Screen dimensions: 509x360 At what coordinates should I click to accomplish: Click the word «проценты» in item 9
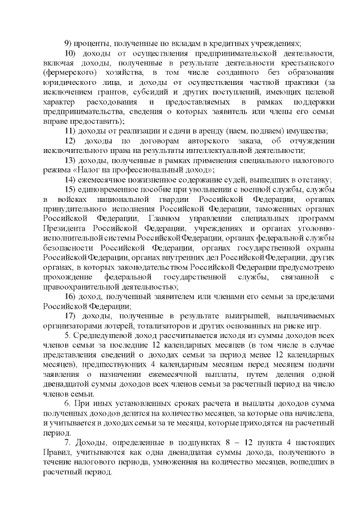[94, 44]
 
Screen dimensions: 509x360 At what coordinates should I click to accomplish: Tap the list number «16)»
[71, 296]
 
